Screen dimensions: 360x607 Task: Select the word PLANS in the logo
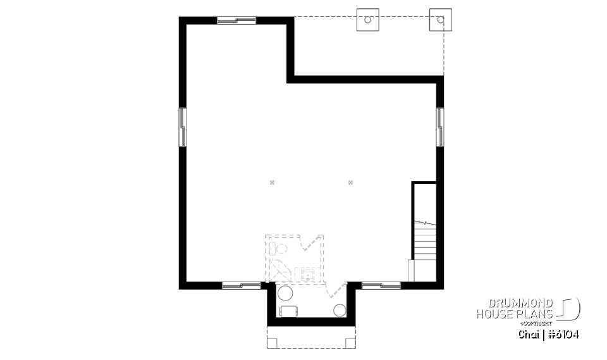coord(534,314)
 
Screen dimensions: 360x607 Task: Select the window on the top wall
coord(236,20)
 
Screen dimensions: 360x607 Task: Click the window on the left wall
coord(183,127)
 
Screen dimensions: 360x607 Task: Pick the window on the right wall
coord(440,127)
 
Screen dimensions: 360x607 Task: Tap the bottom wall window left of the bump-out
coord(241,285)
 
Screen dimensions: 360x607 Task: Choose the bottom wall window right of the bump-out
coord(381,285)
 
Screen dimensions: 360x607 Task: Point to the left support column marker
coord(272,183)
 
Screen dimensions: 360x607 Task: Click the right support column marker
coord(350,183)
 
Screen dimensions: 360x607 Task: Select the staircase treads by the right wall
coord(425,244)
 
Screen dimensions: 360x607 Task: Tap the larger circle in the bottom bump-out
coord(285,294)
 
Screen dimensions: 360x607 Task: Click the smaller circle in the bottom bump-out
coord(340,310)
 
